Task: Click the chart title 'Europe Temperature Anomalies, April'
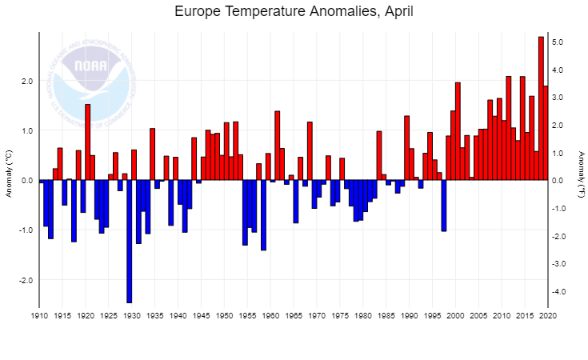pos(294,12)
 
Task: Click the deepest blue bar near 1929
pos(129,240)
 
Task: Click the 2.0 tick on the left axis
pos(26,81)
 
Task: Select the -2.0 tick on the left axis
pos(25,281)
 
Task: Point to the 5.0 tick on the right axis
pos(558,42)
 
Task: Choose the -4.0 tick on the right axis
pos(558,291)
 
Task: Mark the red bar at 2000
pos(458,131)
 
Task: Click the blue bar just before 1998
pos(444,206)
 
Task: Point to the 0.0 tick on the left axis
pos(26,181)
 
